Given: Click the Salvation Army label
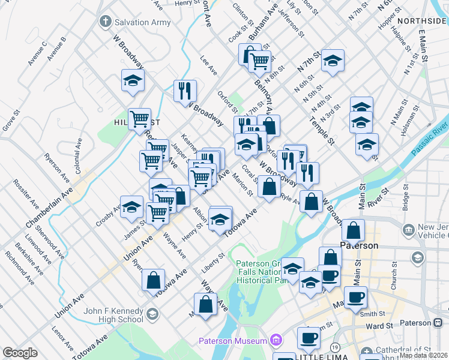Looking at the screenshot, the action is click(x=142, y=22).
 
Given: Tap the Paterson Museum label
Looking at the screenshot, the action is click(x=232, y=341).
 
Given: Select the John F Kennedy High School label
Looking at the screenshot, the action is click(x=113, y=315).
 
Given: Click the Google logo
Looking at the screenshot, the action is click(x=20, y=353).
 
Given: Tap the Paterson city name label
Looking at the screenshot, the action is click(x=359, y=245).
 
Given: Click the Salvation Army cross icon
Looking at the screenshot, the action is click(x=105, y=22).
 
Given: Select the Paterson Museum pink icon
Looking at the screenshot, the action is click(x=276, y=341).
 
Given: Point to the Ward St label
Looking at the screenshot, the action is click(x=378, y=326).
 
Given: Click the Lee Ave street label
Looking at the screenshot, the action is click(x=208, y=65).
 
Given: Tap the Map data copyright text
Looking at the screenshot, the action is click(x=423, y=355).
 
